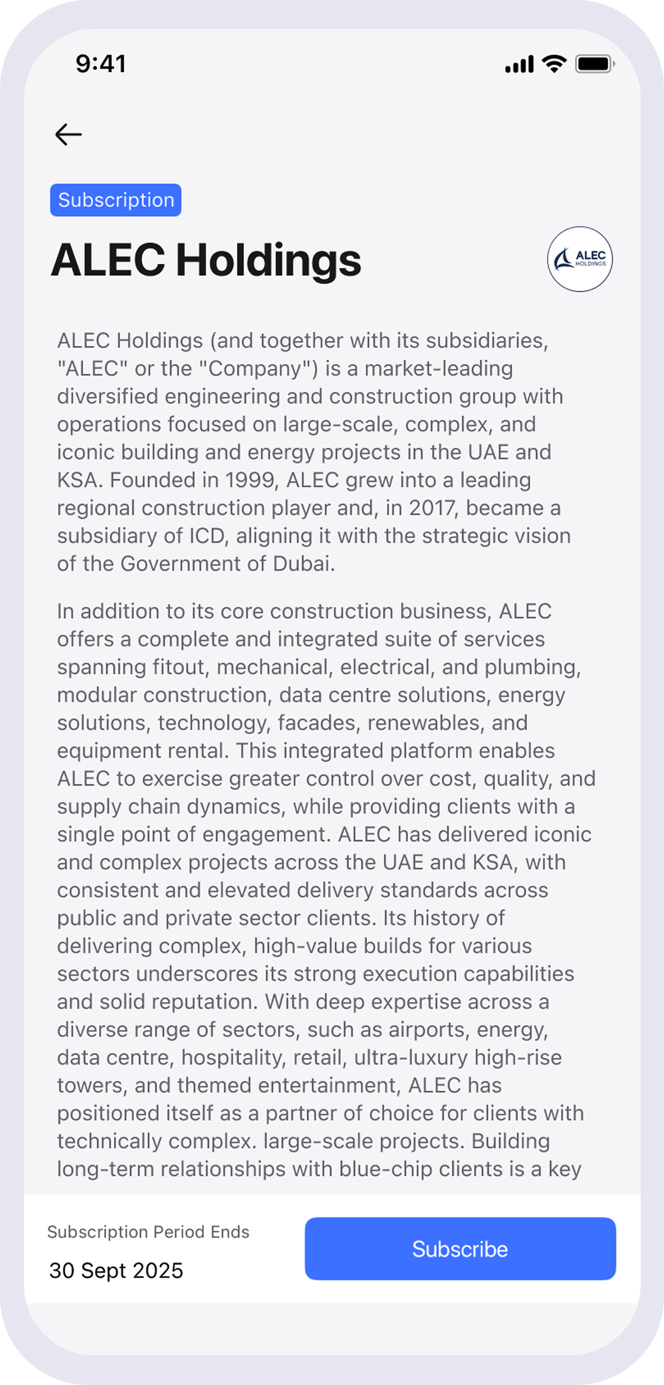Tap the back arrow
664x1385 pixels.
pos(68,135)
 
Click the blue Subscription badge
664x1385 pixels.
pos(116,200)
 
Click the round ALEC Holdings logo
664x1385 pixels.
pos(579,259)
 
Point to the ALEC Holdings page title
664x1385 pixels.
pos(206,260)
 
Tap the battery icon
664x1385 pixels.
pos(594,64)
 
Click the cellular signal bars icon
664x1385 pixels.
pos(519,65)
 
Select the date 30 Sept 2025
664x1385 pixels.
pos(116,1270)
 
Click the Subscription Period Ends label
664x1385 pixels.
pos(148,1232)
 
